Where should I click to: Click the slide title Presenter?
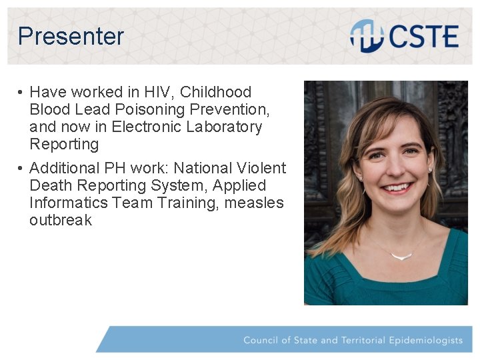(x=71, y=36)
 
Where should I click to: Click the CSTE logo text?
(x=424, y=36)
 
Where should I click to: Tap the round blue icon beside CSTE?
(x=365, y=35)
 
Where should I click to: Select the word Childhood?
(x=215, y=92)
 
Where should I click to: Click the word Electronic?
(x=146, y=127)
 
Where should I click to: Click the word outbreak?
(x=61, y=220)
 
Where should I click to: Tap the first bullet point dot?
(x=21, y=92)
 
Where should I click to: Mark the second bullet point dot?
(x=21, y=168)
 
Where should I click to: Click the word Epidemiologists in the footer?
(x=425, y=340)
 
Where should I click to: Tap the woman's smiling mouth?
(x=398, y=187)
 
